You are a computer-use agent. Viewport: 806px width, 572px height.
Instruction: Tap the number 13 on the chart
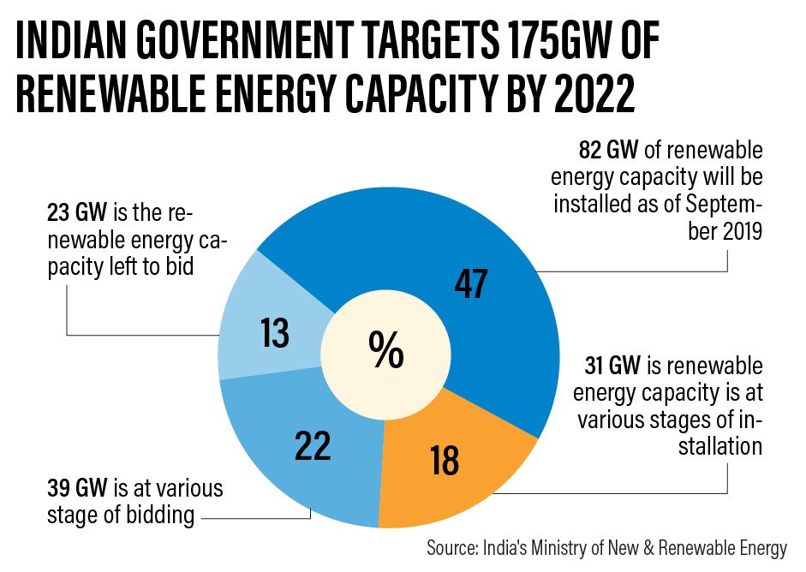276,332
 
